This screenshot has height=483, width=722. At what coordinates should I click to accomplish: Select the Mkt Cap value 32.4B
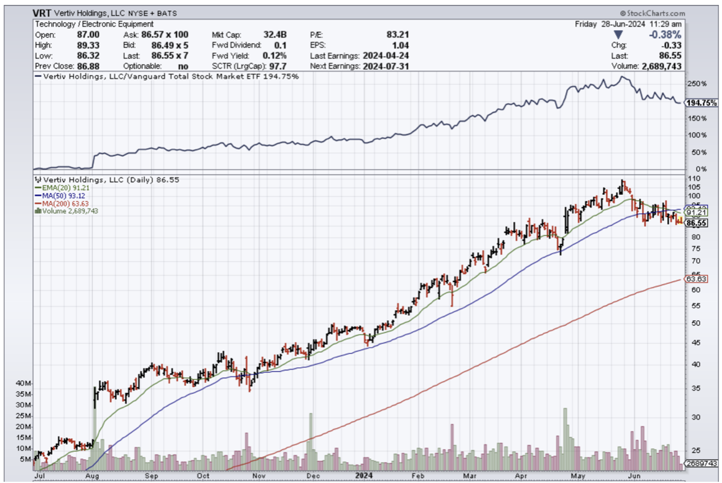click(275, 35)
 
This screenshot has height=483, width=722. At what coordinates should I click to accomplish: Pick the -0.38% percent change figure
click(667, 34)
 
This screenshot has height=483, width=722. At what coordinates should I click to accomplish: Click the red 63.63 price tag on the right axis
click(697, 279)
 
